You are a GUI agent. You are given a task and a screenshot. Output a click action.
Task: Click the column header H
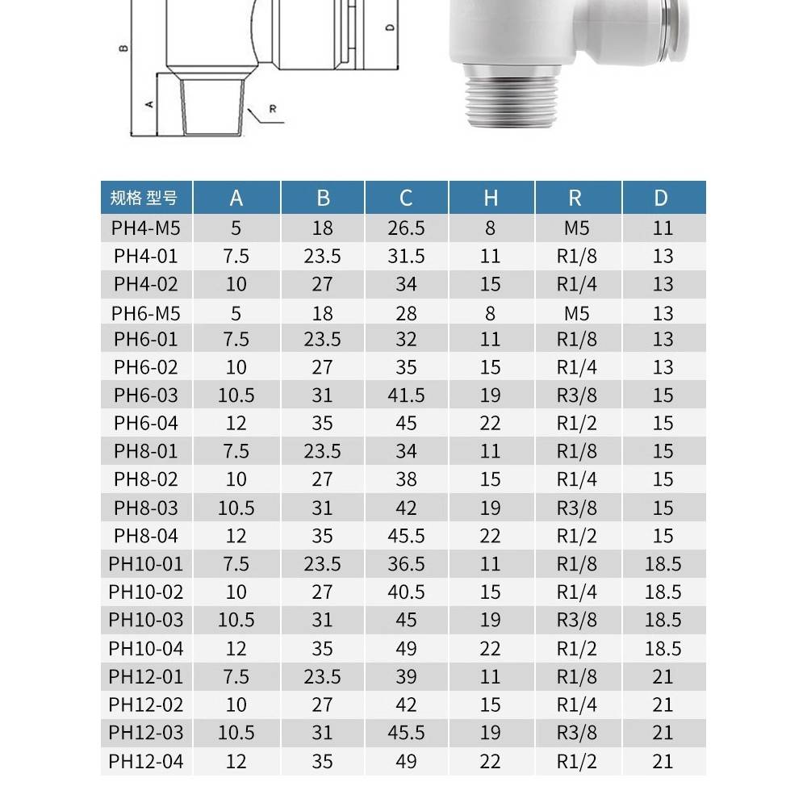click(x=491, y=199)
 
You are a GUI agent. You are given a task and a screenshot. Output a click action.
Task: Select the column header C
click(x=406, y=199)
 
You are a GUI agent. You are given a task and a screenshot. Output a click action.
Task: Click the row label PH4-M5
click(x=146, y=228)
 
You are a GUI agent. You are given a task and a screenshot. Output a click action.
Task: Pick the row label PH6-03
click(x=146, y=395)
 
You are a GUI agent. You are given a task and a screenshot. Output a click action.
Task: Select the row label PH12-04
click(x=146, y=761)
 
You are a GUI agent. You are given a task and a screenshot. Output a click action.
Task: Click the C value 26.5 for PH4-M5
click(x=406, y=228)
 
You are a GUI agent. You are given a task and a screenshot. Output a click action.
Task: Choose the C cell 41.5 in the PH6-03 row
click(x=406, y=395)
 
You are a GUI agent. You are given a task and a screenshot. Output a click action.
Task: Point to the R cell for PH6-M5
click(x=577, y=313)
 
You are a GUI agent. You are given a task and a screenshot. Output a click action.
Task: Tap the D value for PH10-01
click(x=663, y=564)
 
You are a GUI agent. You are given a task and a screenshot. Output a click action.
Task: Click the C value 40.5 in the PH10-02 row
click(x=406, y=592)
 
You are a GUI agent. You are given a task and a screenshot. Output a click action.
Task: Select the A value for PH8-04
click(x=236, y=536)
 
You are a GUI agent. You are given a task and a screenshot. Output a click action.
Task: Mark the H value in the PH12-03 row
click(x=491, y=733)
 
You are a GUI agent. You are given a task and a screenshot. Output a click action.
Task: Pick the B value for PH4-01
click(x=322, y=257)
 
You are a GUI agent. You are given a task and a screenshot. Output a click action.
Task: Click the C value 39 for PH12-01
click(x=406, y=676)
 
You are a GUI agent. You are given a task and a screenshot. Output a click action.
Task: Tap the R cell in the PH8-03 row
click(x=577, y=508)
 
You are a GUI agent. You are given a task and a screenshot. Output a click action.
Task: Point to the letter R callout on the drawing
click(x=272, y=109)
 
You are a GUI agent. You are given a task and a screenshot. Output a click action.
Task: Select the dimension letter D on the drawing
click(x=390, y=27)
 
